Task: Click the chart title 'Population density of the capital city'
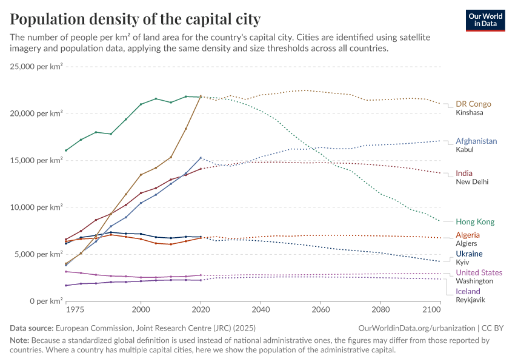click(x=135, y=19)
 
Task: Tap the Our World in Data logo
click(x=485, y=20)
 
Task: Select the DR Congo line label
click(x=473, y=104)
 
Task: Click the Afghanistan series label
click(x=476, y=141)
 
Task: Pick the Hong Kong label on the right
click(x=475, y=221)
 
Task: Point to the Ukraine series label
click(x=469, y=254)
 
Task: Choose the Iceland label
click(x=468, y=291)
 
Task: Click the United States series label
click(x=479, y=272)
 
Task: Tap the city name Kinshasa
click(x=470, y=113)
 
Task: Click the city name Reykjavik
click(x=470, y=300)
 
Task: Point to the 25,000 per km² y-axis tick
click(x=36, y=66)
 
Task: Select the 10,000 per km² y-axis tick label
click(x=36, y=207)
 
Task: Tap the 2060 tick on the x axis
click(x=320, y=309)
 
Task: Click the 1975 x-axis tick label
click(x=75, y=309)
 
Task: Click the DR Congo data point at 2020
click(x=201, y=96)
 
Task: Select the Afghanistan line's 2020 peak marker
click(x=201, y=158)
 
